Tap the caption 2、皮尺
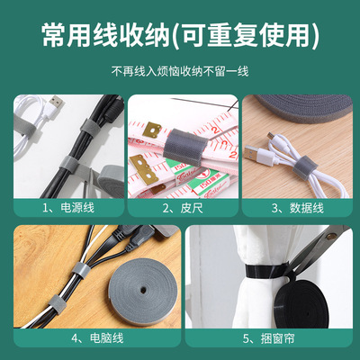[x=179, y=207]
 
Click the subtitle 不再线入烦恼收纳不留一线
[x=180, y=70]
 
